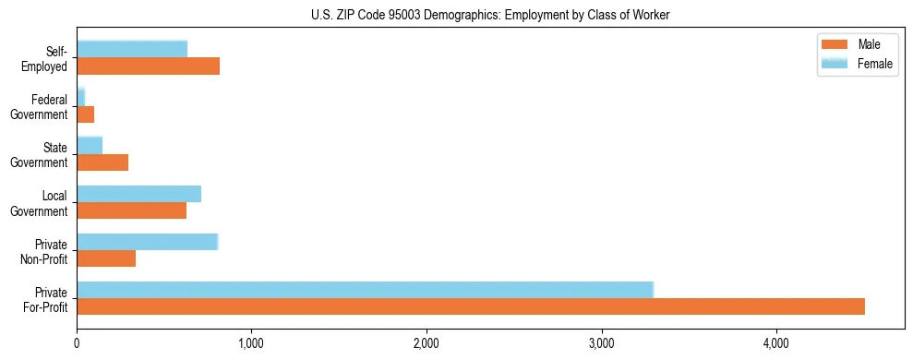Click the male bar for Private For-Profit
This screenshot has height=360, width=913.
pyautogui.click(x=471, y=306)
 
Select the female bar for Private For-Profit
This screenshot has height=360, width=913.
pyautogui.click(x=365, y=289)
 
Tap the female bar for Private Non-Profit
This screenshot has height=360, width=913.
pyautogui.click(x=147, y=242)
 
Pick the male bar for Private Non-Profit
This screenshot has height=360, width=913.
pyautogui.click(x=106, y=258)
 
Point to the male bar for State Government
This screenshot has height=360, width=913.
pyautogui.click(x=102, y=162)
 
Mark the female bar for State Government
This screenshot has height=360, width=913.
pyautogui.click(x=90, y=145)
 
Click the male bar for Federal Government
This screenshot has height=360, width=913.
pyautogui.click(x=85, y=114)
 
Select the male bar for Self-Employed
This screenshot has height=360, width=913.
pyautogui.click(x=148, y=66)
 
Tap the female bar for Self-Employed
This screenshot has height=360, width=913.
pyautogui.click(x=132, y=49)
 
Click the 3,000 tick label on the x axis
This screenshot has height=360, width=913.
pyautogui.click(x=601, y=344)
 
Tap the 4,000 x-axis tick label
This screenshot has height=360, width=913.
pyautogui.click(x=776, y=344)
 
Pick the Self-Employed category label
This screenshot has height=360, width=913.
pyautogui.click(x=50, y=58)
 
